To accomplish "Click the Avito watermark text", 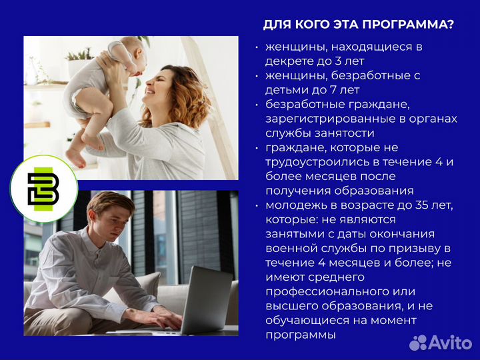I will click(x=448, y=342).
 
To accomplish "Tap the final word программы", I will click(x=301, y=335).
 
